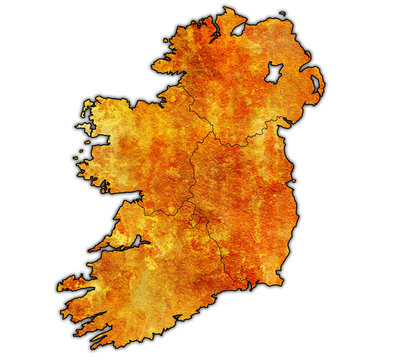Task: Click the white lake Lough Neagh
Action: point(271,73)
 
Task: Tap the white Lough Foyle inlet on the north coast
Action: point(237,29)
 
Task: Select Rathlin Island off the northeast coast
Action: point(282,14)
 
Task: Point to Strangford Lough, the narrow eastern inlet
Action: point(314,88)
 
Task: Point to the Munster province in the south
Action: point(150,280)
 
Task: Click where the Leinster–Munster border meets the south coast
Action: point(246,287)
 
